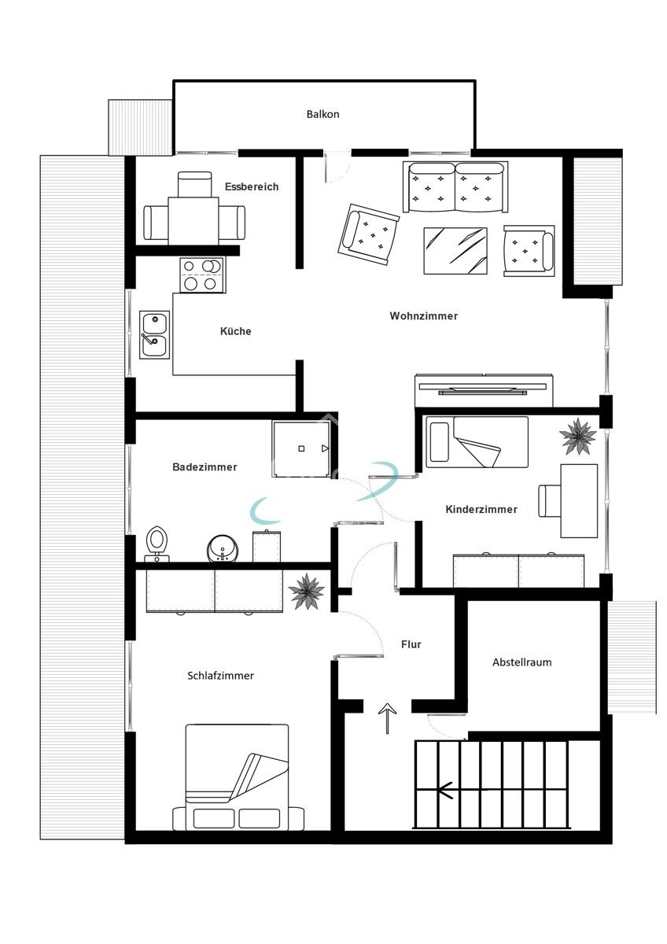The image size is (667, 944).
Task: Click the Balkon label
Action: pos(322,114)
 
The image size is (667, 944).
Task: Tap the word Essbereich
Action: pos(252,186)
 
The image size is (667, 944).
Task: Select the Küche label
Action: pos(236,331)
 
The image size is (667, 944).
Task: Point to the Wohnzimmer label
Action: pos(423,316)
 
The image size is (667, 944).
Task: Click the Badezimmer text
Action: pos(205,467)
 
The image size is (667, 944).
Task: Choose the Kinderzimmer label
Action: pos(481,510)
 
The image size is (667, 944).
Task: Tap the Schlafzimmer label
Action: pos(220,676)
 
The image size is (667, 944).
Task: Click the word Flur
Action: pos(411,644)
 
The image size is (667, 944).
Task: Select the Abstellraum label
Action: pos(521,662)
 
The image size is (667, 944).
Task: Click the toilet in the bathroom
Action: pos(157,543)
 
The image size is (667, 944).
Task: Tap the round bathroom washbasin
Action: pos(221,548)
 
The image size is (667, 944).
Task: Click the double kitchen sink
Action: pos(154,334)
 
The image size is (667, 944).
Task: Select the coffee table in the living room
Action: pos(455,251)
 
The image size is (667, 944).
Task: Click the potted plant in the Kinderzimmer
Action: pos(578,436)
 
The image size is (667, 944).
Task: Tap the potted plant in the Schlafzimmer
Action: pos(306,591)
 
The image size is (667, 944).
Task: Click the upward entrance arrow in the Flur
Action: pos(388,718)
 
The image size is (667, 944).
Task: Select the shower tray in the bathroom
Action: pos(301,449)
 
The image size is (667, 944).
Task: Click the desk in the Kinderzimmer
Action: pos(578,501)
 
